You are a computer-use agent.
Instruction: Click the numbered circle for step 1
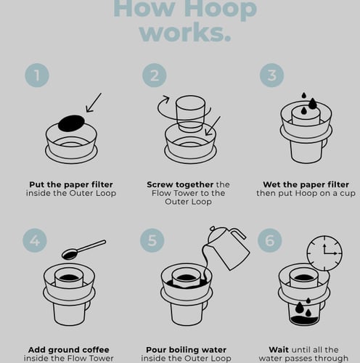click(x=37, y=76)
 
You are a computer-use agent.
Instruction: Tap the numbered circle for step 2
click(x=154, y=76)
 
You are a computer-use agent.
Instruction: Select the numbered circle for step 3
click(x=271, y=76)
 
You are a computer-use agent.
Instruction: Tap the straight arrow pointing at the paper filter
click(x=94, y=103)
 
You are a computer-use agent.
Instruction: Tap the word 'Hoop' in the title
click(x=218, y=9)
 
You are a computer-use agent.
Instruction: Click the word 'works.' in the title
click(x=185, y=31)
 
